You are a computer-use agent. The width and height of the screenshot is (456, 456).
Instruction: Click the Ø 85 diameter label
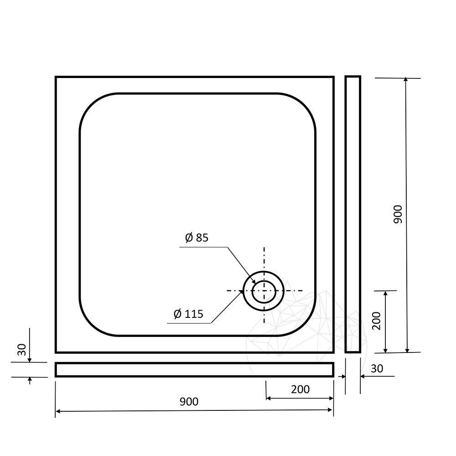click(197, 238)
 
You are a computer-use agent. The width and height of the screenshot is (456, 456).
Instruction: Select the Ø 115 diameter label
click(188, 314)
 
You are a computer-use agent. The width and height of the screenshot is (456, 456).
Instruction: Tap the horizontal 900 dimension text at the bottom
click(189, 401)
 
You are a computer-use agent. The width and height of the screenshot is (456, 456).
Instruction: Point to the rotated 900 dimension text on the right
click(398, 214)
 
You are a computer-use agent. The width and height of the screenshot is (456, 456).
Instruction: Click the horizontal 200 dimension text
click(300, 389)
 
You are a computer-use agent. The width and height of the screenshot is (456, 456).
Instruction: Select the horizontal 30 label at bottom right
click(377, 368)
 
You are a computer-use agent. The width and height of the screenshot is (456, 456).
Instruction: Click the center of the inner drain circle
click(264, 291)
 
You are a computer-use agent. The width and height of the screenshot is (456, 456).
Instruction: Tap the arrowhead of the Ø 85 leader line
click(254, 283)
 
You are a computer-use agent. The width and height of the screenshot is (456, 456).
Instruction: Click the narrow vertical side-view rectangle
click(352, 214)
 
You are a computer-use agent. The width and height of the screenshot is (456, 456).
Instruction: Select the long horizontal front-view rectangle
click(194, 370)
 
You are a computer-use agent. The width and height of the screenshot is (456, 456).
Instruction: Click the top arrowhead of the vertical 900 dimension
click(406, 81)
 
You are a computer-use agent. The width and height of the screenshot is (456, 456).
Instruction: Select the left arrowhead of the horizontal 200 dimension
click(269, 399)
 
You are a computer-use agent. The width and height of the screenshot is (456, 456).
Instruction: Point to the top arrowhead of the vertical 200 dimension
click(386, 293)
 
